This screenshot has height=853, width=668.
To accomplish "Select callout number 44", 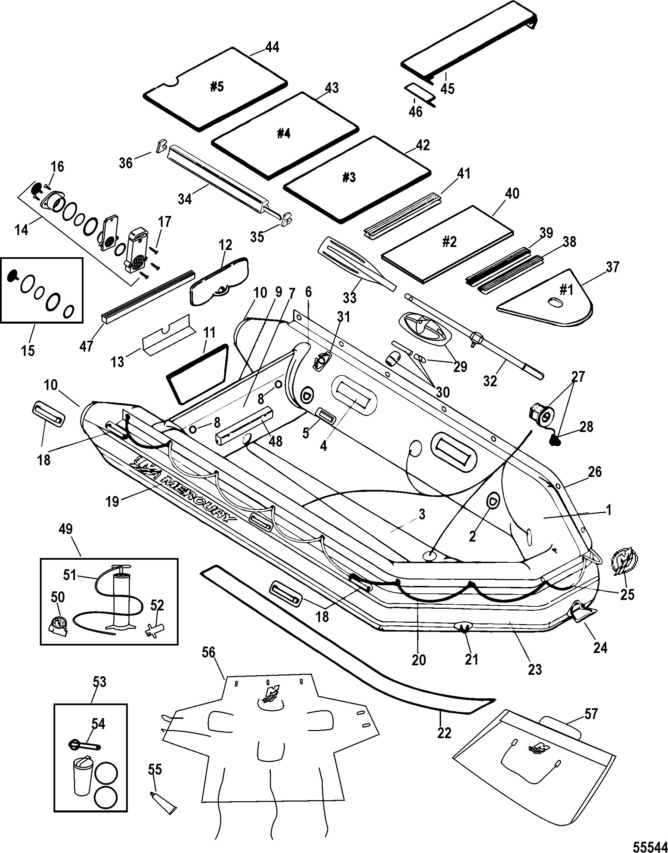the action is pyautogui.click(x=272, y=47).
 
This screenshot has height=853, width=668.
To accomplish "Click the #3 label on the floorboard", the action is pyautogui.click(x=349, y=178).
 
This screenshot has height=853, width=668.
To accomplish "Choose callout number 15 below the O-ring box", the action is pyautogui.click(x=28, y=350).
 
